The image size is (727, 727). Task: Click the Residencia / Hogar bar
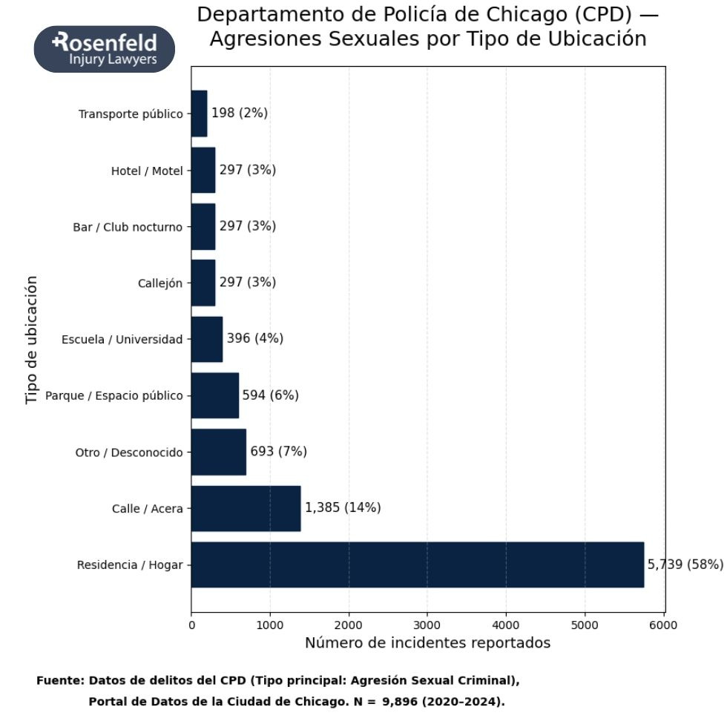click(417, 565)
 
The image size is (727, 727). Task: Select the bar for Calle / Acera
click(246, 508)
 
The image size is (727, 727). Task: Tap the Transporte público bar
click(199, 114)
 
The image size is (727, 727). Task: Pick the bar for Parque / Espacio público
click(214, 395)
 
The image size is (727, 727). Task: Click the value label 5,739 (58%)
click(685, 565)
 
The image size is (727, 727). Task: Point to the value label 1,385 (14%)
click(343, 508)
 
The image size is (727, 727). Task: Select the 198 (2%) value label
click(240, 114)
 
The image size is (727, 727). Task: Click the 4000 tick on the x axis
click(506, 625)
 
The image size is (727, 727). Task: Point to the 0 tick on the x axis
click(191, 625)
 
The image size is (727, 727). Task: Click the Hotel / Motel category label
click(146, 171)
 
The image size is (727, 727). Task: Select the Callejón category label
click(159, 283)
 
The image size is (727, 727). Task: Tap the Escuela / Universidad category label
click(122, 340)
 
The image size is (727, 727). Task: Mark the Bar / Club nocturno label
click(127, 227)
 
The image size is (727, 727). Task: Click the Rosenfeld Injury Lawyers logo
click(105, 50)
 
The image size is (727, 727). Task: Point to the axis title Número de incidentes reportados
click(427, 643)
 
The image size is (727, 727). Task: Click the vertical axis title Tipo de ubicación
click(31, 340)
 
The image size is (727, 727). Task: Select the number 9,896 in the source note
click(404, 701)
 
